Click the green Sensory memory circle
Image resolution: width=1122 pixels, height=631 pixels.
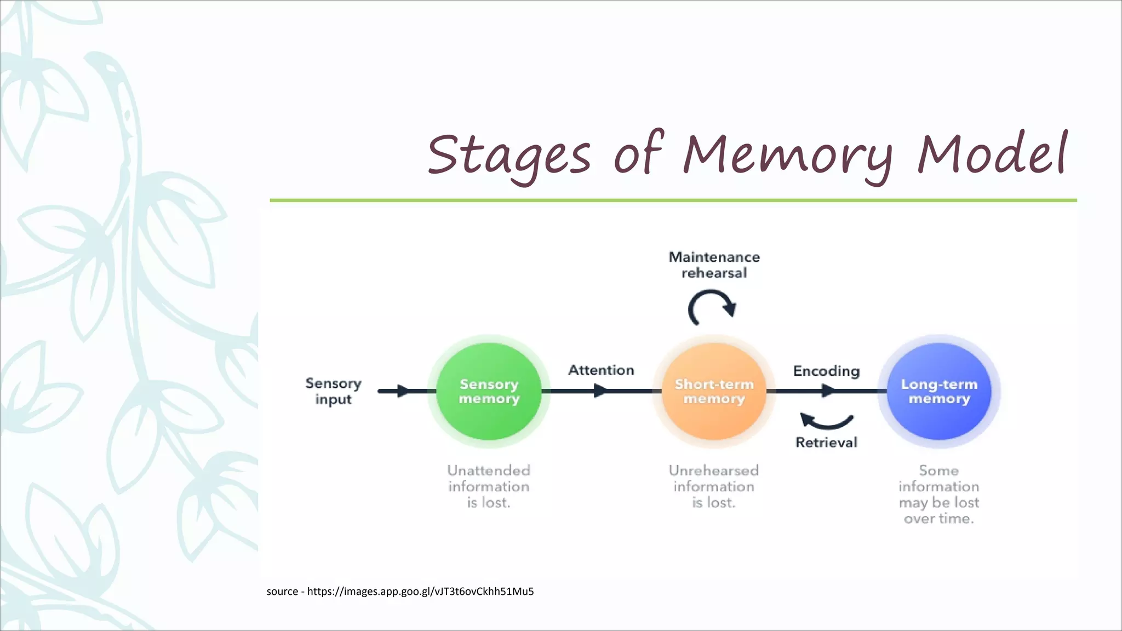(x=489, y=392)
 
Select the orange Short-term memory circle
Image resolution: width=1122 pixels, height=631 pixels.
(x=714, y=392)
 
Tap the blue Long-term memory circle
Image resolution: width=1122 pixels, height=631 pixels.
(x=939, y=392)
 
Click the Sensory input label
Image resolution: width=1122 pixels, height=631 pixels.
(x=333, y=391)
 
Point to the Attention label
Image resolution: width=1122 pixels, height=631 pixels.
(x=601, y=370)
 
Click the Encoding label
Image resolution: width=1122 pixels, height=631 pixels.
(x=826, y=371)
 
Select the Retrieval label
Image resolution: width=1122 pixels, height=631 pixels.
(x=826, y=443)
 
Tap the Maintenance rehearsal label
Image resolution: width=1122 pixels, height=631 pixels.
(x=714, y=265)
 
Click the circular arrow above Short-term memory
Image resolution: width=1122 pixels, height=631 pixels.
(x=712, y=308)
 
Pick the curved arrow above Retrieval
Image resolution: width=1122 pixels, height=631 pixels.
(x=826, y=421)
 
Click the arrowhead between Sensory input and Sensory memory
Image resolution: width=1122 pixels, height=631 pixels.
(x=403, y=391)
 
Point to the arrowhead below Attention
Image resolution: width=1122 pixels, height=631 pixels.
(x=601, y=391)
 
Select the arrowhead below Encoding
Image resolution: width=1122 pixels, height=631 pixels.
(x=828, y=391)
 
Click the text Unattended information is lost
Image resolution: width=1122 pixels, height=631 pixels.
(x=489, y=486)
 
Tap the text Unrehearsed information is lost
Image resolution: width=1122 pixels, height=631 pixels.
(x=714, y=486)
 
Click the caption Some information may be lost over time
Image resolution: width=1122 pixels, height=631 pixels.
(x=939, y=494)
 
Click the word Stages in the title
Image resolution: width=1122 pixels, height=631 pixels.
(x=509, y=155)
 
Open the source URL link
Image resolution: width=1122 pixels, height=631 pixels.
(x=420, y=592)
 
